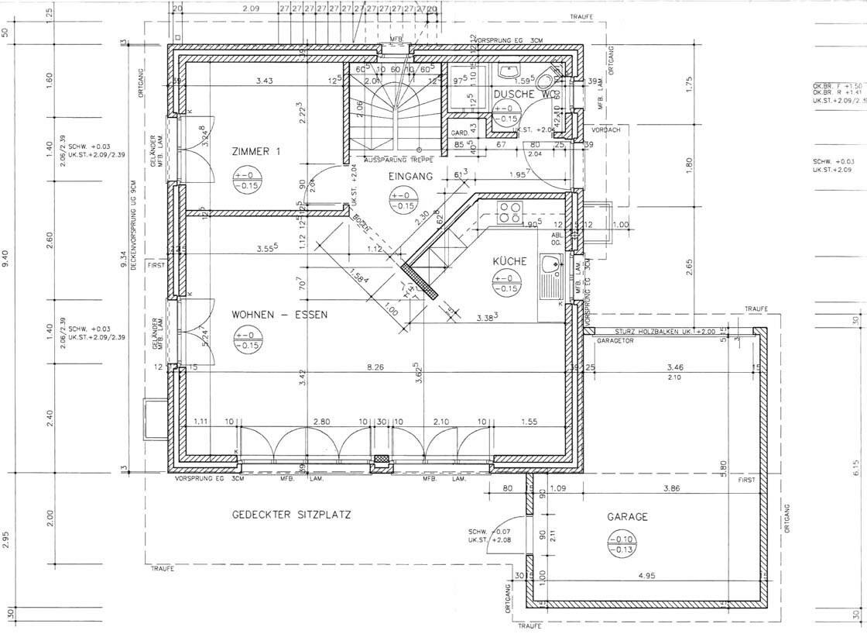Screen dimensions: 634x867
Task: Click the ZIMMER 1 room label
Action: point(256,153)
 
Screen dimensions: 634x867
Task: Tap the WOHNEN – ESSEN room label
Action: point(279,315)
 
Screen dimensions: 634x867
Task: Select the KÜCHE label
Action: point(509,262)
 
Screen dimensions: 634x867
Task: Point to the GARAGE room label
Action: point(627,517)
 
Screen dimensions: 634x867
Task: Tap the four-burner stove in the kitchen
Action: point(511,212)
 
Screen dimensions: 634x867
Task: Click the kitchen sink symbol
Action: point(552,275)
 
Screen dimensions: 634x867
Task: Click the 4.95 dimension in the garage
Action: point(647,576)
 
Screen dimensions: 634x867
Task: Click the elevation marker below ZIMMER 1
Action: point(247,182)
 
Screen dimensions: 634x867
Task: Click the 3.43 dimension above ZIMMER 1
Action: point(265,81)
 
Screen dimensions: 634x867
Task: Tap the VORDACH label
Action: point(607,130)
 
